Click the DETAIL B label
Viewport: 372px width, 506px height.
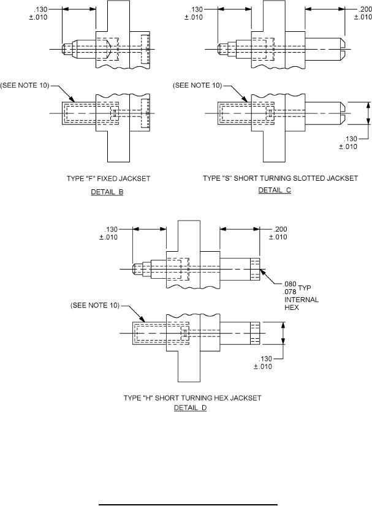[107, 192]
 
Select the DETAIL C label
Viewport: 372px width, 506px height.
[275, 191]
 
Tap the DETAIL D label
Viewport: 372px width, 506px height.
[191, 407]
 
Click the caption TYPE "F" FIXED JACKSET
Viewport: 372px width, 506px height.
[108, 179]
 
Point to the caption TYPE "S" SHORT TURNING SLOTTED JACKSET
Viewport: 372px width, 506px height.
[280, 178]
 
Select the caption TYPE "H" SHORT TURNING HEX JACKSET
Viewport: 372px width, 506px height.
[192, 398]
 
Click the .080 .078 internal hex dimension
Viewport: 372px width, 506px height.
[290, 287]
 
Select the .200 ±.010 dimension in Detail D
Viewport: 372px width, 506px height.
[278, 233]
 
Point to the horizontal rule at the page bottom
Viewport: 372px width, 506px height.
[189, 504]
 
